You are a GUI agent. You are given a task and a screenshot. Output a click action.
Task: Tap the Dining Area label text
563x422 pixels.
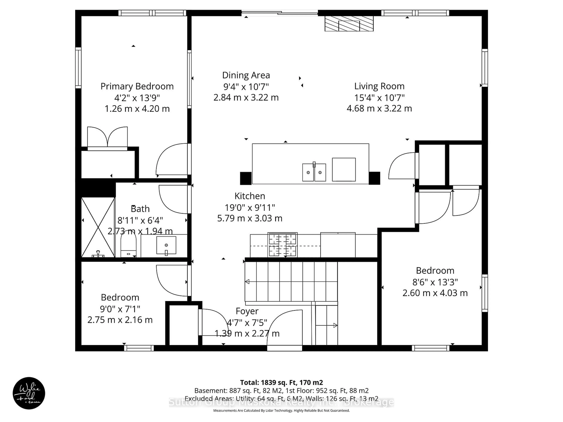click(x=246, y=75)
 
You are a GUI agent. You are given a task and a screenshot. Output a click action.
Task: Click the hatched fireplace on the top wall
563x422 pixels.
click(x=349, y=24)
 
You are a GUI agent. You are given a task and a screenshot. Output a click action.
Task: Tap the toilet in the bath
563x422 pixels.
click(x=128, y=245)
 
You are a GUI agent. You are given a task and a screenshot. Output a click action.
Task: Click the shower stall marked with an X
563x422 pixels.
click(x=98, y=227)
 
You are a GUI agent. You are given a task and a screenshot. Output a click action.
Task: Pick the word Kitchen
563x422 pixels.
click(x=250, y=196)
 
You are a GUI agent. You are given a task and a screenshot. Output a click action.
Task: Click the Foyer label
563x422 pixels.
click(x=247, y=311)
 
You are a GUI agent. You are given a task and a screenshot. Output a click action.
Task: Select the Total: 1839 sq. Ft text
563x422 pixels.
click(x=281, y=383)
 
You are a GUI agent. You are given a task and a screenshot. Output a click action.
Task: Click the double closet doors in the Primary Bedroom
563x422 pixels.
click(x=107, y=137)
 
